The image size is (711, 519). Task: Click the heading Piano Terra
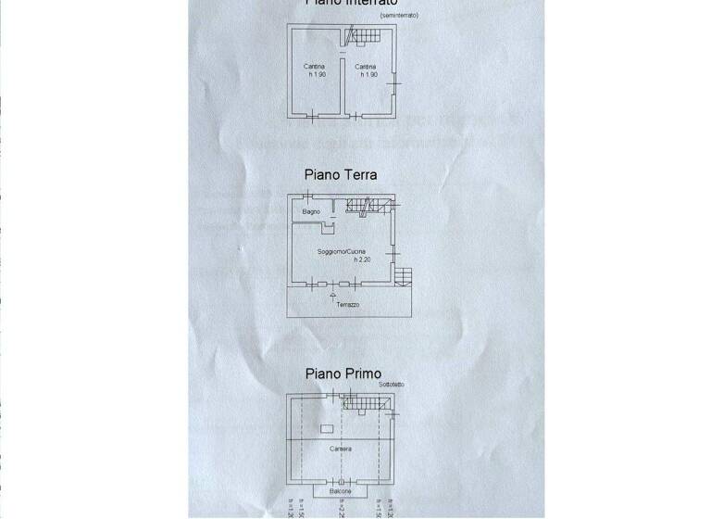(340, 174)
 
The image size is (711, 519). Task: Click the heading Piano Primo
(343, 374)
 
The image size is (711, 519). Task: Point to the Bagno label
(310, 213)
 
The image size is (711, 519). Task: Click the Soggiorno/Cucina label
(342, 252)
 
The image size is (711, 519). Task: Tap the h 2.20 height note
(342, 260)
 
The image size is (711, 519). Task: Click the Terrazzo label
(348, 304)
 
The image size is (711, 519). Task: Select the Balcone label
(338, 491)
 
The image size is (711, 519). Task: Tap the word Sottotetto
(390, 384)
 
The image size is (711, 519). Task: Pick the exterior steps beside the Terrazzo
(404, 276)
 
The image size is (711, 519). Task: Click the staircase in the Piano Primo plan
(364, 402)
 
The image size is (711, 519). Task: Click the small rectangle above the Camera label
(327, 428)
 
